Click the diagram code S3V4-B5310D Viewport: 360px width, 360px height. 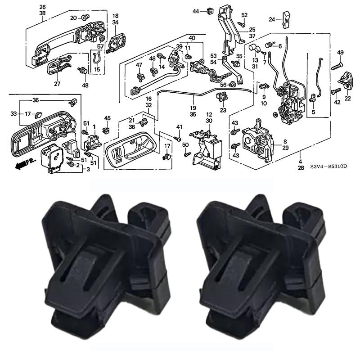328,166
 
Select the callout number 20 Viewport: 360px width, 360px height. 73,18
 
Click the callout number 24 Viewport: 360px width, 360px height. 272,19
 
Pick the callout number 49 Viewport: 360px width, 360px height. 340,53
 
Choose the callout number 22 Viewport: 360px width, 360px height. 347,98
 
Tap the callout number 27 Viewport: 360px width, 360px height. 57,84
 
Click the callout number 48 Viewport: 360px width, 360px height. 85,85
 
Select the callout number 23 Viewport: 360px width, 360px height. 223,110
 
